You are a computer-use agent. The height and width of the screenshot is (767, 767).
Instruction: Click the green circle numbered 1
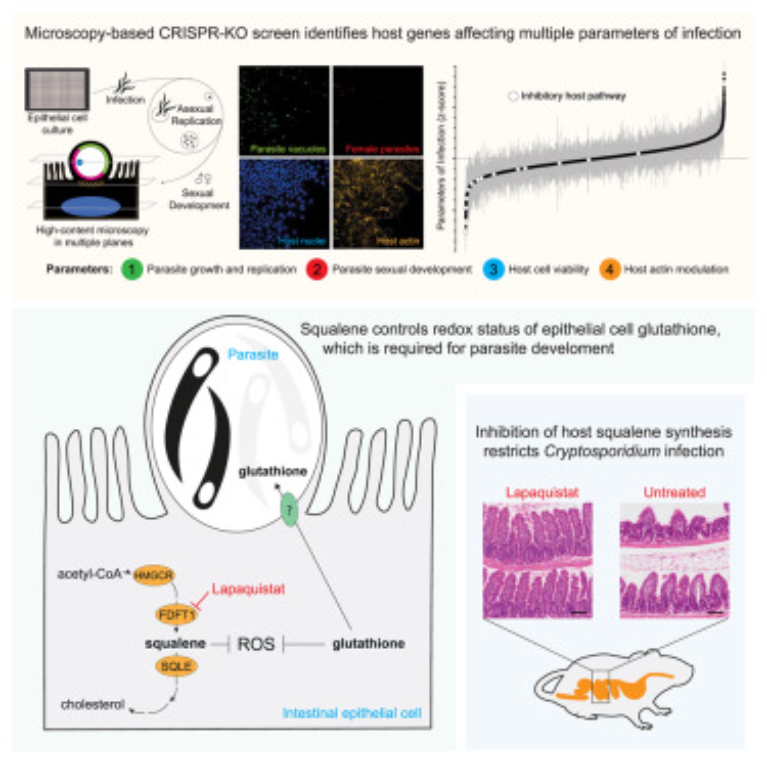point(132,270)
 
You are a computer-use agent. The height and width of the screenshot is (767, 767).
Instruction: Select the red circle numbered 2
point(316,270)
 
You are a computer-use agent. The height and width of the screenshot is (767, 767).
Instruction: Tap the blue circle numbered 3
point(493,270)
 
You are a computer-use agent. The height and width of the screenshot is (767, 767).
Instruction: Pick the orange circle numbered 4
point(610,270)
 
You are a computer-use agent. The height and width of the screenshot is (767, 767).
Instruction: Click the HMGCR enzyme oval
point(154,575)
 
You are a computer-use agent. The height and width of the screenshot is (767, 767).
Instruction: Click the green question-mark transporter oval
point(289,510)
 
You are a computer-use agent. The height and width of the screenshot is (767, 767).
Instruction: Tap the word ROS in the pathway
point(256,644)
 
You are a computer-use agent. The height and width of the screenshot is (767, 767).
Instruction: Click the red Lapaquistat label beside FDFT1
point(249,589)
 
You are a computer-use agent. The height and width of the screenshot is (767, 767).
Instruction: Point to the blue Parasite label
point(253,354)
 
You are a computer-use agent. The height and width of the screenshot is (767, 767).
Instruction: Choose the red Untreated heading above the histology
point(674,492)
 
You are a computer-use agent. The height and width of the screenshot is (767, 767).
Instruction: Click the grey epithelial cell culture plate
point(57,89)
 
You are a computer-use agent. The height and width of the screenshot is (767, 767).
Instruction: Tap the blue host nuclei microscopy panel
point(284,204)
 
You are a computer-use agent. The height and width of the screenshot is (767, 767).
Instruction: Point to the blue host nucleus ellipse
point(91,206)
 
